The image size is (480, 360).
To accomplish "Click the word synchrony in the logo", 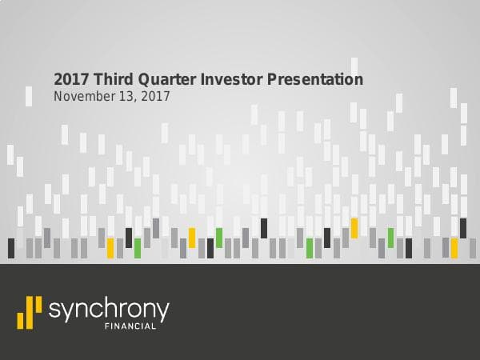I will click(109, 310).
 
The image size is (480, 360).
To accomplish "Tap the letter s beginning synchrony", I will click(54, 310).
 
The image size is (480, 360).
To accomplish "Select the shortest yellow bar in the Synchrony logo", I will click(20, 320).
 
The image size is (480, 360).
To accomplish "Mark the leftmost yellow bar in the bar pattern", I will click(110, 248).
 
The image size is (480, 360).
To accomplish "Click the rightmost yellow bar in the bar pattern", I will click(454, 248).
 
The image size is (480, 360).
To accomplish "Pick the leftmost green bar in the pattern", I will click(138, 248).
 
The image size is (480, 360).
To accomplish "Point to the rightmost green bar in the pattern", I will click(390, 238).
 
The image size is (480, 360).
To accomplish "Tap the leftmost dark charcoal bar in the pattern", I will click(11, 248).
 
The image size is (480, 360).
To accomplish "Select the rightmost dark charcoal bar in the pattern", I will click(462, 228).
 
